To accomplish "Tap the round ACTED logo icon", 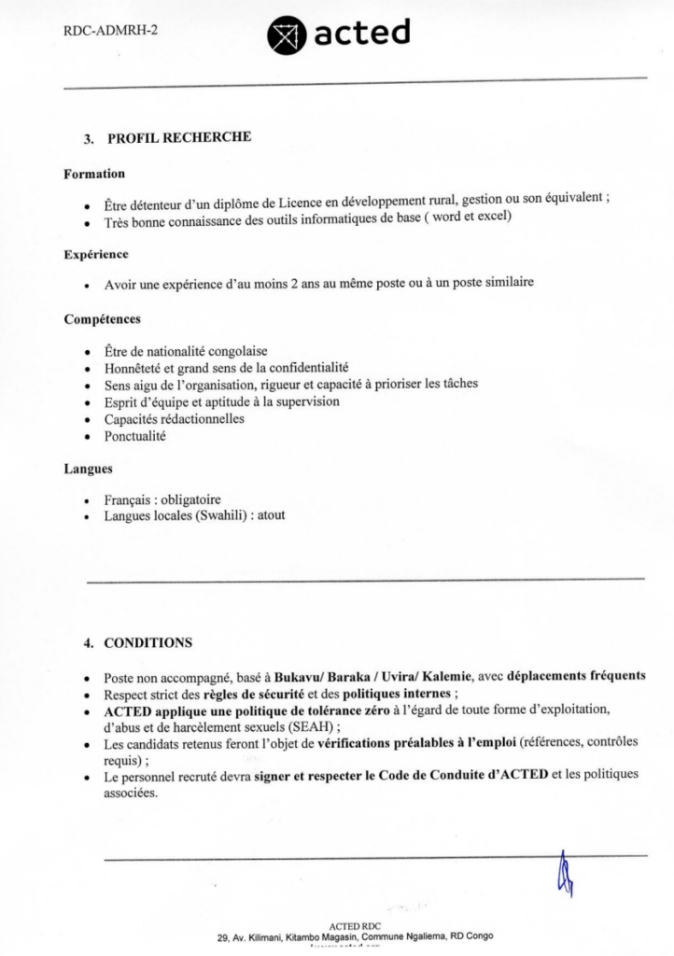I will [286, 35].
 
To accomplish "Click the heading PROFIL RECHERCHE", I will [179, 138].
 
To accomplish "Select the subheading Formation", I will [94, 174].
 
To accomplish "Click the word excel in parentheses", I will [491, 217].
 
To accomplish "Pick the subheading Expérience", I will [96, 254].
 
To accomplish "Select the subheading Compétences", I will [103, 319].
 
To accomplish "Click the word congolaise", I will [233, 351].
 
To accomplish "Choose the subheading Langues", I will [88, 469].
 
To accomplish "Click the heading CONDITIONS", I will [148, 642].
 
